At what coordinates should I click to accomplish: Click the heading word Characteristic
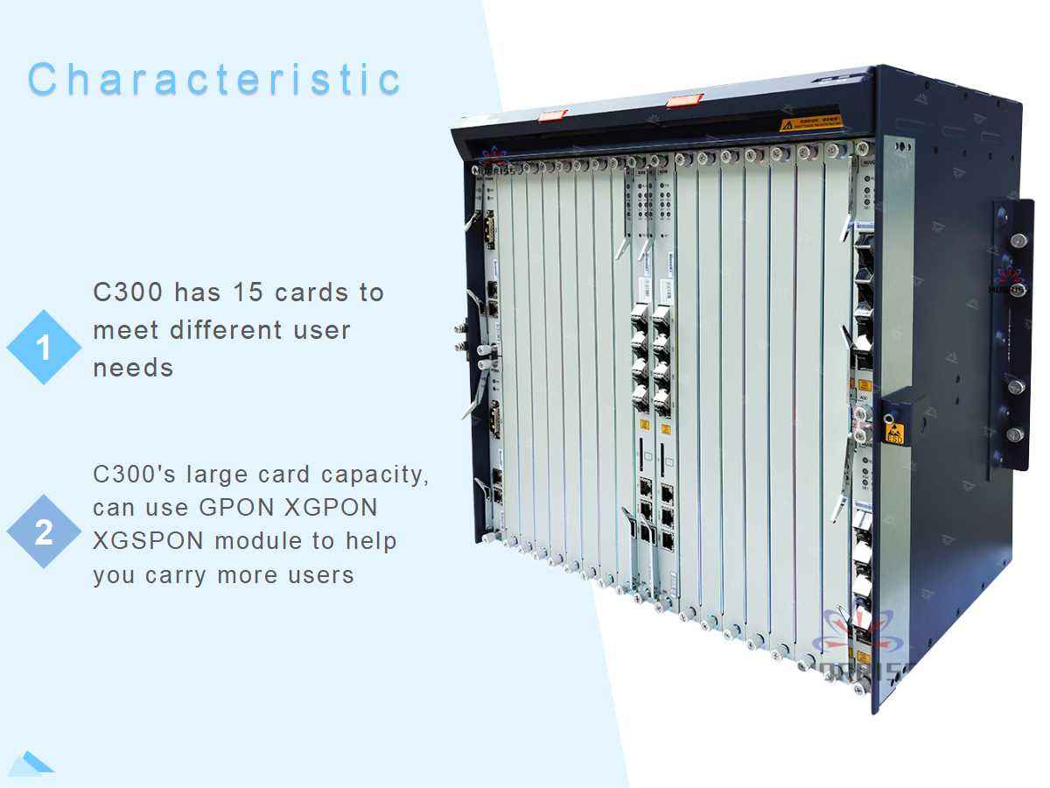pyautogui.click(x=214, y=79)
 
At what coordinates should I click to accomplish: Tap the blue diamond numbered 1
pyautogui.click(x=44, y=348)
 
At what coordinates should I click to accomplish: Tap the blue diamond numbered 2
pyautogui.click(x=44, y=531)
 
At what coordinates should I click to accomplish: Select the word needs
pyautogui.click(x=133, y=368)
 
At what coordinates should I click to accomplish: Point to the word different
pyautogui.click(x=236, y=330)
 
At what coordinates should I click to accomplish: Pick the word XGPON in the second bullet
pyautogui.click(x=334, y=508)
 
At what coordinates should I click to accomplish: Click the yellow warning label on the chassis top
pyautogui.click(x=811, y=123)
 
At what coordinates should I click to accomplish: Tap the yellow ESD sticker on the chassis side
pyautogui.click(x=893, y=432)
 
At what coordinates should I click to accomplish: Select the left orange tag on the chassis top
pyautogui.click(x=552, y=115)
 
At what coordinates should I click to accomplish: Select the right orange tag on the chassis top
pyautogui.click(x=683, y=101)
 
